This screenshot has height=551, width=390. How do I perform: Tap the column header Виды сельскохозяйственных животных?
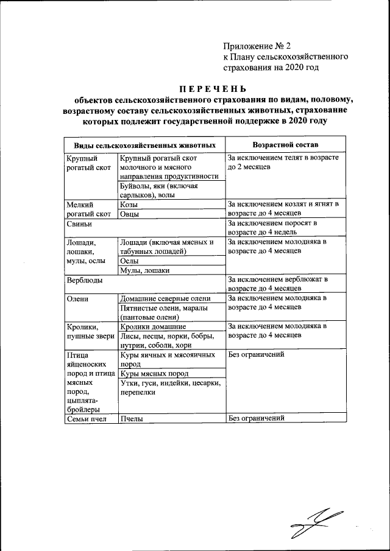(145, 146)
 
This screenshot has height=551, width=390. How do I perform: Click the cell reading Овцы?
(130, 214)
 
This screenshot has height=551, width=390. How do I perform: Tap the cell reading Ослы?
(129, 261)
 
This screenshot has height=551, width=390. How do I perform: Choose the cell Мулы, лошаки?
(144, 270)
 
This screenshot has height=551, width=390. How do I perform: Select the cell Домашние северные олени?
(165, 298)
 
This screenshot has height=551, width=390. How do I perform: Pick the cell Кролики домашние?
(153, 326)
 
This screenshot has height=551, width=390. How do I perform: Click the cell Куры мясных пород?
(154, 373)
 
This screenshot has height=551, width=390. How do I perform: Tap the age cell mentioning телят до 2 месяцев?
(283, 161)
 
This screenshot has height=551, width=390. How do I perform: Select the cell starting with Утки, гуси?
(169, 388)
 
